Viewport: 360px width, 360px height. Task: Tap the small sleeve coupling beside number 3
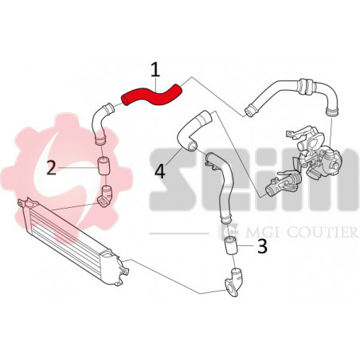coord(232,246)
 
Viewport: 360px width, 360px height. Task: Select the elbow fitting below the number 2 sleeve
coord(104,194)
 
